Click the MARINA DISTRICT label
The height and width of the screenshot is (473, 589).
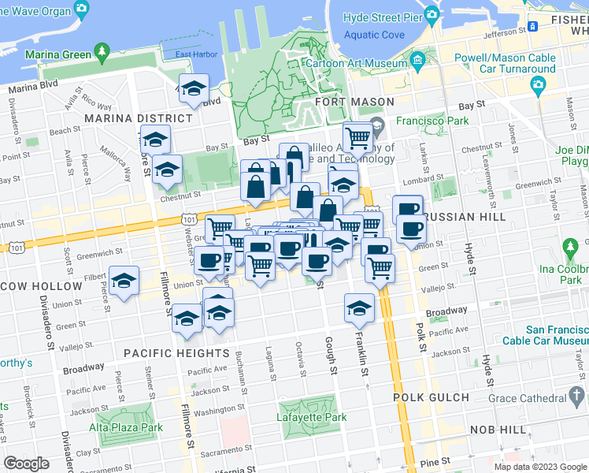139,118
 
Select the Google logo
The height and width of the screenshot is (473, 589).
26,463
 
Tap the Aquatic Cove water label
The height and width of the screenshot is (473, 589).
374,35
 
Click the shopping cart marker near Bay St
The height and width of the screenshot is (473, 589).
357,139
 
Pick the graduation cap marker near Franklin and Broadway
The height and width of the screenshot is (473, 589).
359,307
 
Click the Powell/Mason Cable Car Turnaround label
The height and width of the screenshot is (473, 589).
505,63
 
